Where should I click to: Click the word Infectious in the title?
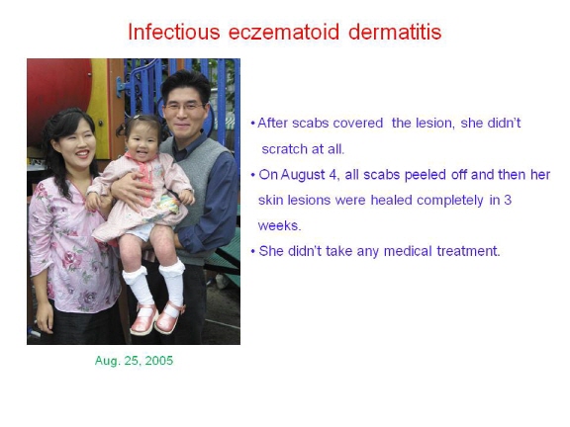174,32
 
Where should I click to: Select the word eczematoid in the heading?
284,32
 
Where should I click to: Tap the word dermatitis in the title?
395,32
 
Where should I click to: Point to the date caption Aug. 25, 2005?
134,361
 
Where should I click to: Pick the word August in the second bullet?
303,175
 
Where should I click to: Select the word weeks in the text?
279,225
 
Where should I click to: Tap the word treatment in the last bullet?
468,251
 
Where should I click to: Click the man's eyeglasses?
185,107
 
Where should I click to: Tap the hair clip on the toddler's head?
137,118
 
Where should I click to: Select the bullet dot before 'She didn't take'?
253,251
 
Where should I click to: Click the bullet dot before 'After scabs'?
253,124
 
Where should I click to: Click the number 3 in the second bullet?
508,200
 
